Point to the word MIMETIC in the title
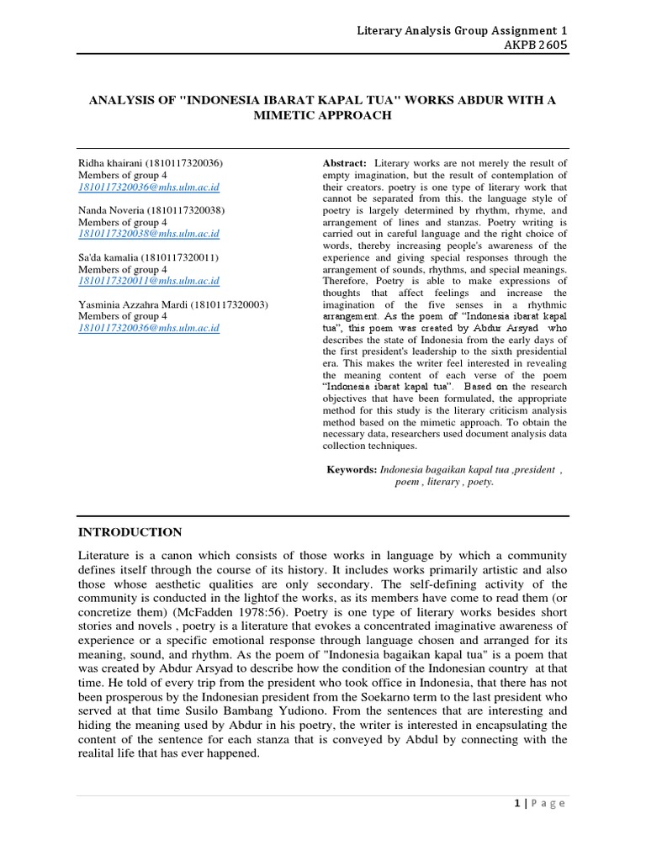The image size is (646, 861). pyautogui.click(x=290, y=115)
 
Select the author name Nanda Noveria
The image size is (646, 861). pyautogui.click(x=111, y=209)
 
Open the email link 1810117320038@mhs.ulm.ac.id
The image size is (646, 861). pyautogui.click(x=149, y=234)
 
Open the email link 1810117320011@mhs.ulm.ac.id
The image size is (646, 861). pyautogui.click(x=149, y=281)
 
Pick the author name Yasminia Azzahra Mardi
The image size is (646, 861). pyautogui.click(x=134, y=304)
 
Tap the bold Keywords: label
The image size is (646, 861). pyautogui.click(x=352, y=469)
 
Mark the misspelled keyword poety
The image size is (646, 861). pyautogui.click(x=481, y=483)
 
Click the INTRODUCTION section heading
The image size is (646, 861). pyautogui.click(x=130, y=532)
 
